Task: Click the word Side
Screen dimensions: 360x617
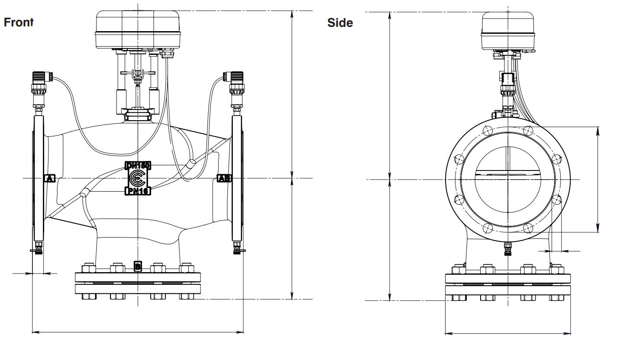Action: coord(341,23)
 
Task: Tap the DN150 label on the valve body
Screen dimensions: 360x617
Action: coord(137,165)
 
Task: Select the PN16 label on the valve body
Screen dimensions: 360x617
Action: coord(137,191)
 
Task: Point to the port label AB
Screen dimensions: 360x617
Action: coord(224,178)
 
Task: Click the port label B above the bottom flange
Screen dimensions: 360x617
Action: coord(138,266)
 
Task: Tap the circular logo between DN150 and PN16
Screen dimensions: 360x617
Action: coord(137,178)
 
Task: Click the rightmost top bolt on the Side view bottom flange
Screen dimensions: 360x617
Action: coord(554,270)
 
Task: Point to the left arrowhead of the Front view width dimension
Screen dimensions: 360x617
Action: coord(35,332)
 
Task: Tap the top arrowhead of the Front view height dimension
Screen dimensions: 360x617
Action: coord(292,13)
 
